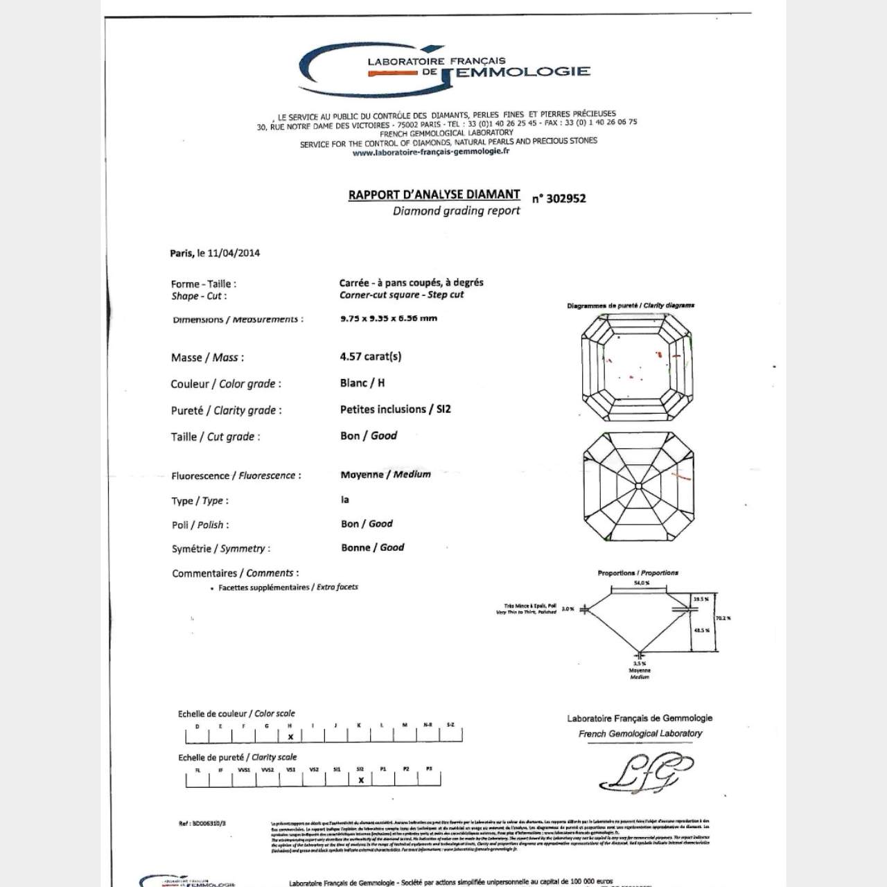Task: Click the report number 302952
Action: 559,198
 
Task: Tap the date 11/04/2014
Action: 234,253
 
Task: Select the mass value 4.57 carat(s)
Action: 370,357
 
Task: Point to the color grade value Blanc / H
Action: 362,383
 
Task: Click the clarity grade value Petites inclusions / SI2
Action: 395,410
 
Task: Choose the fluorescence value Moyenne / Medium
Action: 385,475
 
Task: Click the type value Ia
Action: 345,500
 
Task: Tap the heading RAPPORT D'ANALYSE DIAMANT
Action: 434,195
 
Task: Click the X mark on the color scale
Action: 291,737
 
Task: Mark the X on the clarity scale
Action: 361,780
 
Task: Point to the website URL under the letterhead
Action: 430,152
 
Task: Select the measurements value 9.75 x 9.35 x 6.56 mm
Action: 389,319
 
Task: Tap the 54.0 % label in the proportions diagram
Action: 642,583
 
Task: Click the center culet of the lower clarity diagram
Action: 638,486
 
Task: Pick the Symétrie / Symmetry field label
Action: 220,549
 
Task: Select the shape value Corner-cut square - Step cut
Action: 401,295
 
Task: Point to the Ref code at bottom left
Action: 202,823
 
